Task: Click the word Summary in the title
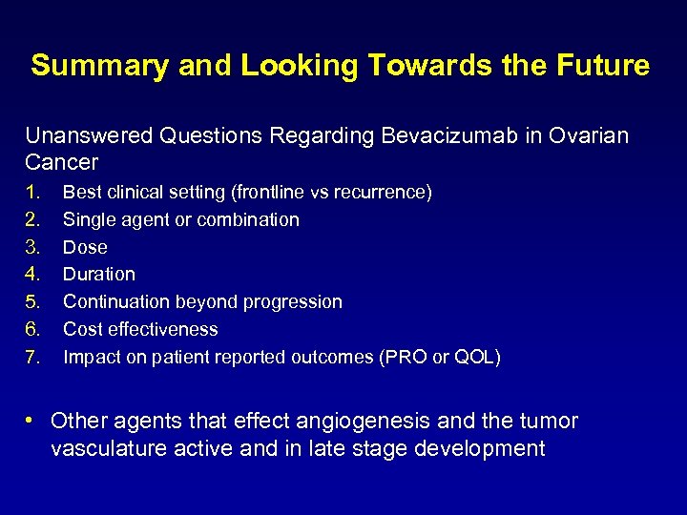87,66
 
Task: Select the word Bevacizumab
437,136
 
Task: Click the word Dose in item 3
85,247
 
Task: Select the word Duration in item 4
98,275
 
